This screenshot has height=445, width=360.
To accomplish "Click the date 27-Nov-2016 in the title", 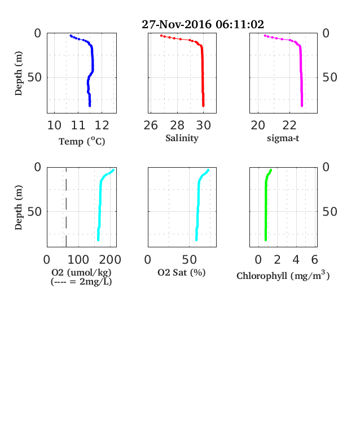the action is click(176, 24).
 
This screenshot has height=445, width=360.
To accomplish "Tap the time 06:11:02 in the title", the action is click(240, 24).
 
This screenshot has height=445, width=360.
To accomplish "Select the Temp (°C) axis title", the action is click(82, 141).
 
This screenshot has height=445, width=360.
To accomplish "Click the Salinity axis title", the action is click(182, 138).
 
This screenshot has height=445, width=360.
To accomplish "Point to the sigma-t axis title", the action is click(283, 138).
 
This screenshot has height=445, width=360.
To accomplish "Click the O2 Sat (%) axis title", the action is click(182, 272).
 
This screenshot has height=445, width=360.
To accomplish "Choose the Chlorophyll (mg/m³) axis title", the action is click(283, 275).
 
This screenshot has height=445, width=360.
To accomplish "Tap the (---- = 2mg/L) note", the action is click(81, 282).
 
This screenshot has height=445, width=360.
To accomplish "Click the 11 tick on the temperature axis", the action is click(78, 125).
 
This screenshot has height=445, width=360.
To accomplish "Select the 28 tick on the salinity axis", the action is click(177, 125).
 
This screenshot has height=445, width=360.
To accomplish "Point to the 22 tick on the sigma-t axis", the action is click(289, 125).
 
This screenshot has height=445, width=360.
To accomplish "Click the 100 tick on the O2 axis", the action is click(78, 260).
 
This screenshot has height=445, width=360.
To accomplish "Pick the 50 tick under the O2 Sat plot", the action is click(190, 260).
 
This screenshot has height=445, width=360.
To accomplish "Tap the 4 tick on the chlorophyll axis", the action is click(296, 260).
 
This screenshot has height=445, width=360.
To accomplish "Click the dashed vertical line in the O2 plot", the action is click(67, 207).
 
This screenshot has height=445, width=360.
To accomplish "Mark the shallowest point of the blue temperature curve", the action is click(71, 36).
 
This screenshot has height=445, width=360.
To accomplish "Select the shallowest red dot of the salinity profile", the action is click(161, 36).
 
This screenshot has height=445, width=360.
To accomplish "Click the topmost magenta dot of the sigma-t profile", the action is click(265, 36).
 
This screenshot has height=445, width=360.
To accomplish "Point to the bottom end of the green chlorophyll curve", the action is click(266, 240).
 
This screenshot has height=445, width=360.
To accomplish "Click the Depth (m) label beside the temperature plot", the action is click(19, 73).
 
